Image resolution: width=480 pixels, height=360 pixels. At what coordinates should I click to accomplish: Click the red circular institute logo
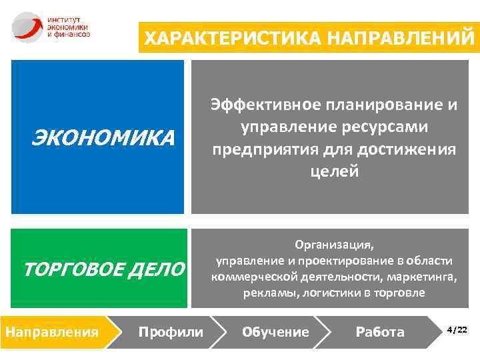click(x=26, y=26)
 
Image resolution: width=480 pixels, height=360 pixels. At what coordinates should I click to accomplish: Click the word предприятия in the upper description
click(x=261, y=149)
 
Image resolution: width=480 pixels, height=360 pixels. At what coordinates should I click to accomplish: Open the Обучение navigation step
click(x=275, y=331)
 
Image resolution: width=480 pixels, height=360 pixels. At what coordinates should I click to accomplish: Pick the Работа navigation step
click(x=380, y=331)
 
